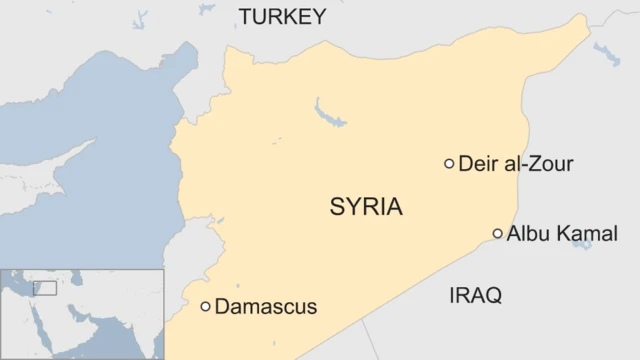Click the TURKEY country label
pos(282,16)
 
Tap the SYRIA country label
pos(366,208)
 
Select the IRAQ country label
pos(475,295)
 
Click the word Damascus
pos(266,307)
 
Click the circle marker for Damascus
pos(205,307)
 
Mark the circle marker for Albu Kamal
pos(498,234)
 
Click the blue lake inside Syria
pos(327,112)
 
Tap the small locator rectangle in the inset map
pos(45,287)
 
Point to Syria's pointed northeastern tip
pos(585,17)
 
